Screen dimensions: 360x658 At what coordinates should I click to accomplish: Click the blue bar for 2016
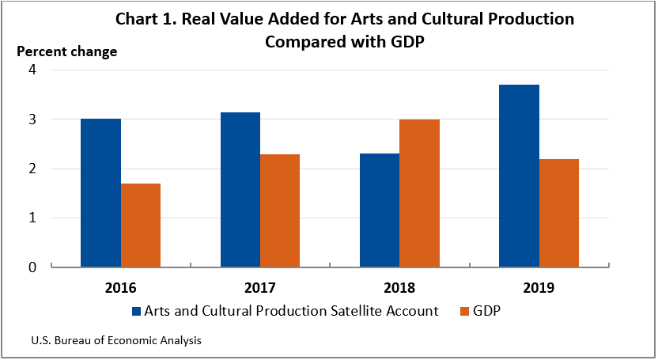(x=101, y=193)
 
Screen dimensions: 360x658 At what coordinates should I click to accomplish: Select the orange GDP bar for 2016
(x=141, y=225)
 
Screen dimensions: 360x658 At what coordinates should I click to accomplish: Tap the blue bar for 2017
(x=240, y=190)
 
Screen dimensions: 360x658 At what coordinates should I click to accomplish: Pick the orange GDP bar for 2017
(x=280, y=210)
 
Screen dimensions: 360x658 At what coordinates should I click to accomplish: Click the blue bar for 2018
(x=380, y=210)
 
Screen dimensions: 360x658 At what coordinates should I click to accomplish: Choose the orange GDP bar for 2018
(x=419, y=193)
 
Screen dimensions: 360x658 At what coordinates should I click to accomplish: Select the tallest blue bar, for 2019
(x=519, y=176)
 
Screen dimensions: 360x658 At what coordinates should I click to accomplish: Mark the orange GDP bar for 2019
(x=558, y=213)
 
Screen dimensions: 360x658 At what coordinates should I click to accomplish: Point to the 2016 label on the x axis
(x=120, y=288)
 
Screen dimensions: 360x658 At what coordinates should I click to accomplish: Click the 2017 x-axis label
(x=260, y=288)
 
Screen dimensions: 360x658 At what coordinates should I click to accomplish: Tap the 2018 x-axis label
(x=399, y=288)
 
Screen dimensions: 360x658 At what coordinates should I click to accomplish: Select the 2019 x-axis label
(x=539, y=288)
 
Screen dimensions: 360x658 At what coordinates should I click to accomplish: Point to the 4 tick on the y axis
(x=32, y=70)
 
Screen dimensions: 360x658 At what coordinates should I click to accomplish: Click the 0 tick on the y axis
(x=32, y=267)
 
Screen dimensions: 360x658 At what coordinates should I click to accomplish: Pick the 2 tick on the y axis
(x=32, y=169)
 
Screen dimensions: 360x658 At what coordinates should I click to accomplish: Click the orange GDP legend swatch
(x=466, y=312)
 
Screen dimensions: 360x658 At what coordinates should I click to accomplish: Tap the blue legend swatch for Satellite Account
(x=136, y=312)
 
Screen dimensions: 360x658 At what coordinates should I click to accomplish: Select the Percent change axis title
(x=67, y=51)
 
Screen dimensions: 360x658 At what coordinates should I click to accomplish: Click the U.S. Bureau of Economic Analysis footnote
(x=116, y=341)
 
